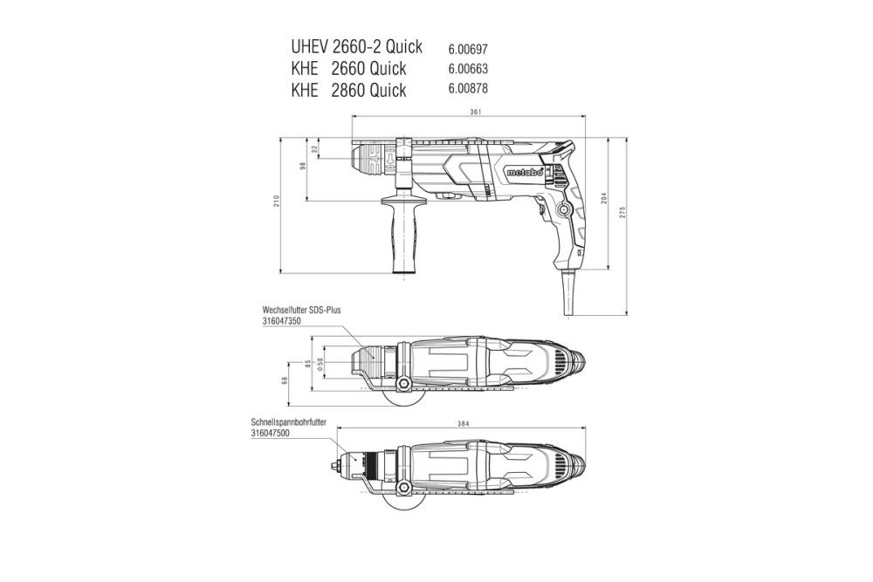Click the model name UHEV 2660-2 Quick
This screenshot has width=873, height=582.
(356, 46)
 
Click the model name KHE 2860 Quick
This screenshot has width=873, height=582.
(348, 90)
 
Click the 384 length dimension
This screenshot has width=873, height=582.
(463, 424)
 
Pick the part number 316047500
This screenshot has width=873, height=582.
(274, 433)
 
